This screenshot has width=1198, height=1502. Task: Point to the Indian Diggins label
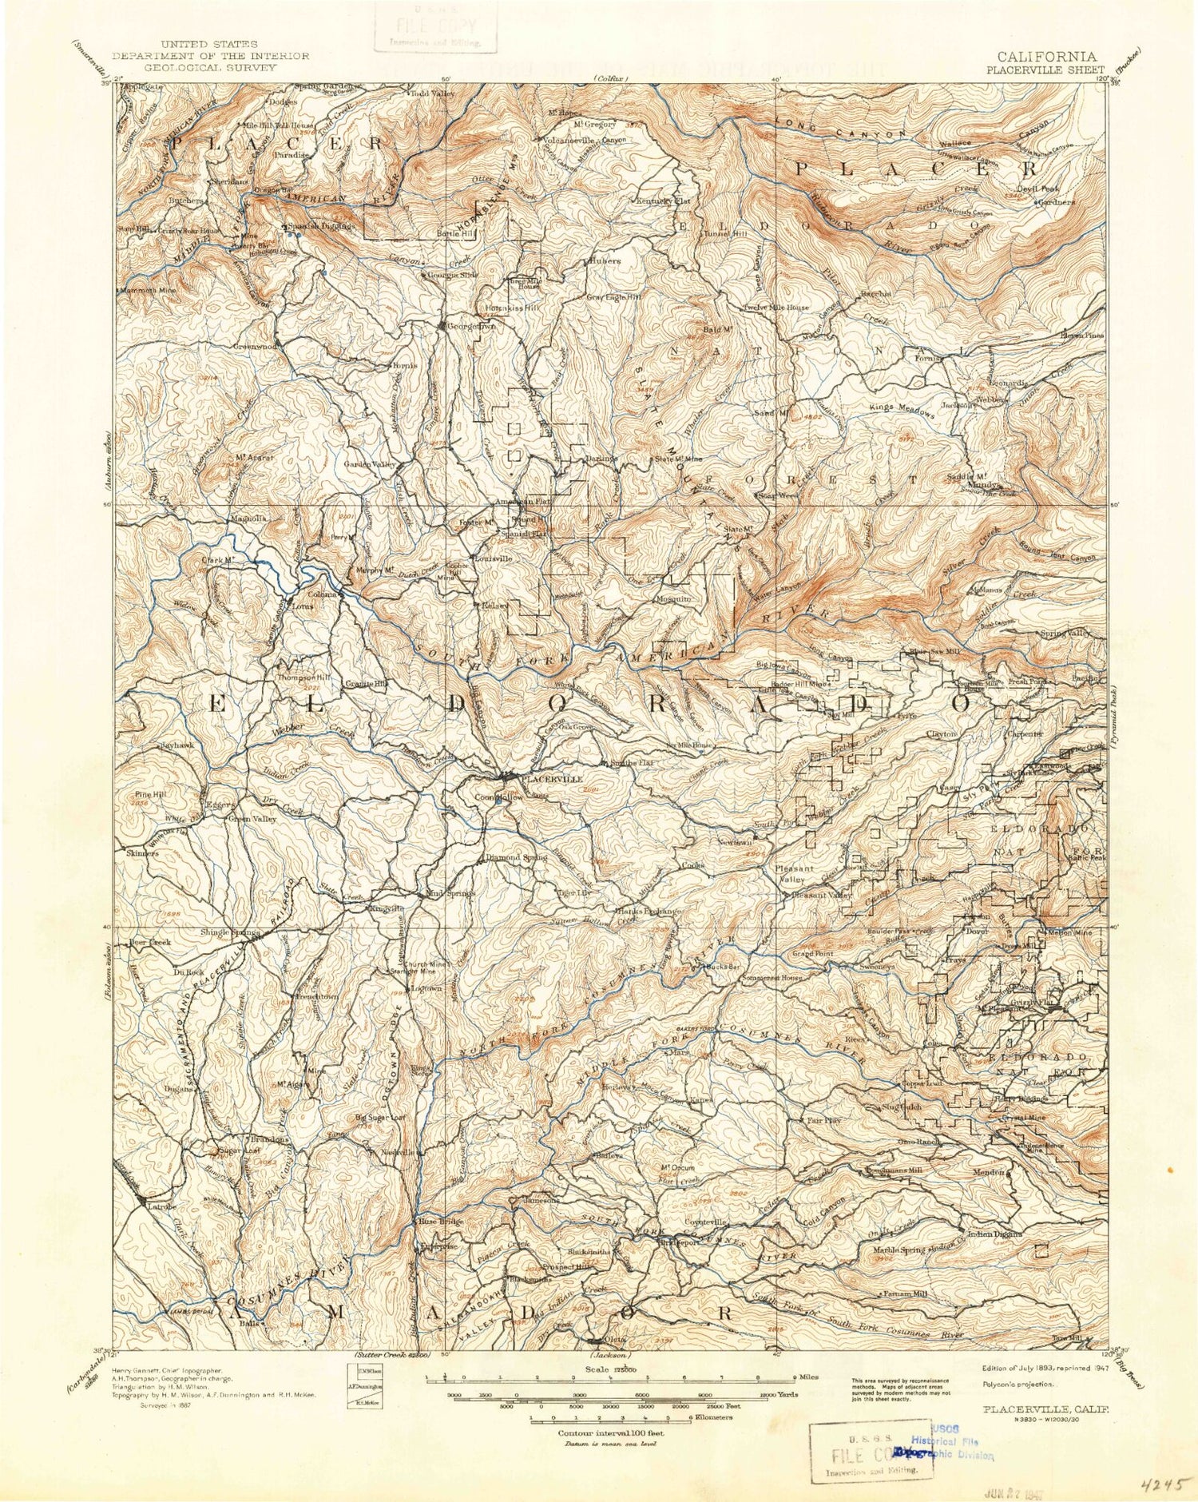pos(994,1234)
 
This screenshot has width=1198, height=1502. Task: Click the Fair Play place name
pos(824,1120)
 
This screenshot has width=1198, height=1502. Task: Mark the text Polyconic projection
pos(1018,1384)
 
